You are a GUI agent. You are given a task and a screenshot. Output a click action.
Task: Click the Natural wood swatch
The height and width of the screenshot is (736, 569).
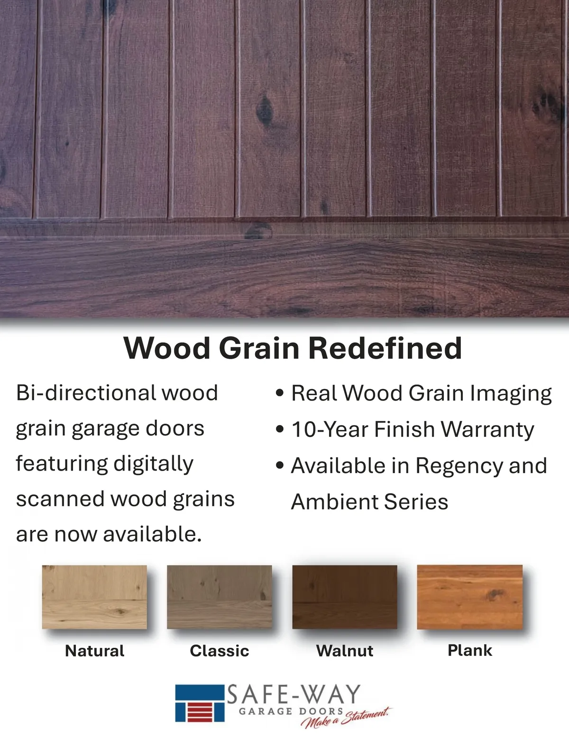pyautogui.click(x=94, y=597)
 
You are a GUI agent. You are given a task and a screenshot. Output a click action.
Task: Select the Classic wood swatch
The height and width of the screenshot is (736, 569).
pyautogui.click(x=219, y=597)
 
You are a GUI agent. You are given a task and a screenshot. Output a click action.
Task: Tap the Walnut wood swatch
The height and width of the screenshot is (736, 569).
pyautogui.click(x=345, y=597)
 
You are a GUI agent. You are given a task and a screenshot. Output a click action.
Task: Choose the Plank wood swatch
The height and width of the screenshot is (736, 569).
pyautogui.click(x=470, y=597)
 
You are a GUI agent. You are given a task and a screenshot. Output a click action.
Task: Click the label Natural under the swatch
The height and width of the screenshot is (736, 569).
pyautogui.click(x=94, y=651)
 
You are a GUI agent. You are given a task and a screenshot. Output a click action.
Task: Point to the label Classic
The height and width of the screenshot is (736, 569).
pyautogui.click(x=219, y=651)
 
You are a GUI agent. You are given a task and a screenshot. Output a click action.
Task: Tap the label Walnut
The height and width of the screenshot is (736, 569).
pyautogui.click(x=345, y=651)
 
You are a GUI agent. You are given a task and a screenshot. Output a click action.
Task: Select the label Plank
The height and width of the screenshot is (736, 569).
pyautogui.click(x=470, y=650)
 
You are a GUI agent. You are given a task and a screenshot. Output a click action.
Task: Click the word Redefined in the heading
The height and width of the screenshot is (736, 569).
pyautogui.click(x=385, y=348)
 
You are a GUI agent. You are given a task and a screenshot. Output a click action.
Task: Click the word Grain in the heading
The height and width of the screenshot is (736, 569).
pyautogui.click(x=259, y=348)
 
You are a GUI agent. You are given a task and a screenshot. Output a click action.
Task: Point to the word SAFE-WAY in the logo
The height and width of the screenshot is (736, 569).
pyautogui.click(x=294, y=694)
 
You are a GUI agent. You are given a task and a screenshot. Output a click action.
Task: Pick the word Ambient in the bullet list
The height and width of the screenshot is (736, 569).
pyautogui.click(x=334, y=501)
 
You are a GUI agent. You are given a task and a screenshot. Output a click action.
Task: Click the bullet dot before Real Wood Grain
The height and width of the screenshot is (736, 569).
pyautogui.click(x=280, y=393)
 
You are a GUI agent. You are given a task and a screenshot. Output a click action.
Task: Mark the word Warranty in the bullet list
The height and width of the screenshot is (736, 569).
pyautogui.click(x=487, y=430)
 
